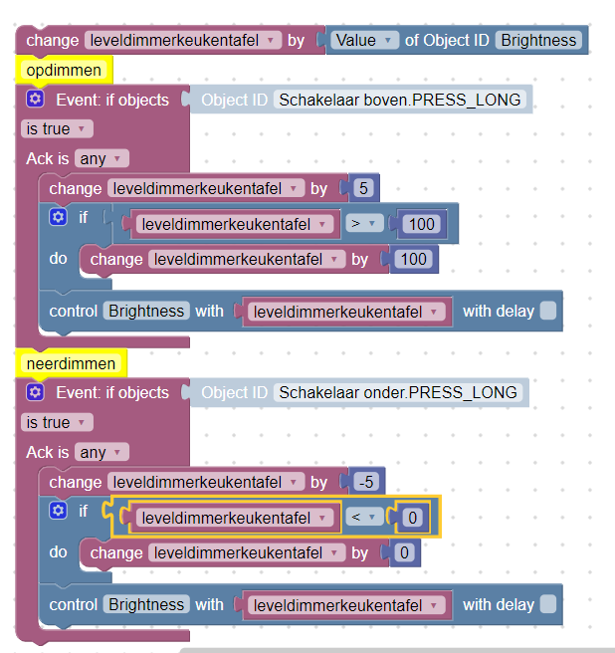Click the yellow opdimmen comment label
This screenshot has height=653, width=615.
click(x=64, y=70)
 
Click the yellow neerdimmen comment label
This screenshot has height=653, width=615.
click(x=71, y=363)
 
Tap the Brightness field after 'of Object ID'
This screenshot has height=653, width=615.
click(x=538, y=41)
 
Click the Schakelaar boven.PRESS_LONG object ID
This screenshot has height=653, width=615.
click(x=400, y=100)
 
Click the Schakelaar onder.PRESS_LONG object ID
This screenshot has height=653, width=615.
click(x=398, y=393)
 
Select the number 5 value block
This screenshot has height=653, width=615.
click(x=363, y=188)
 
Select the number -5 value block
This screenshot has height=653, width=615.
click(x=366, y=482)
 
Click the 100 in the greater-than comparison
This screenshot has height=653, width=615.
click(x=421, y=224)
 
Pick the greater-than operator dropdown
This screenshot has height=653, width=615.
click(x=363, y=224)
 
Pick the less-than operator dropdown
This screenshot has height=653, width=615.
click(x=363, y=518)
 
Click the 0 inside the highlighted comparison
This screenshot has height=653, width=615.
click(x=412, y=518)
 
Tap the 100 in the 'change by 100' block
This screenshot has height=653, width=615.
click(x=413, y=259)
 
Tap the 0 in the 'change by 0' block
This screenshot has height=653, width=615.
click(x=404, y=552)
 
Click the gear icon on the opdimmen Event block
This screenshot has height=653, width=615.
click(x=35, y=100)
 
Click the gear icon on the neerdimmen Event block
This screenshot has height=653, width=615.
click(x=35, y=392)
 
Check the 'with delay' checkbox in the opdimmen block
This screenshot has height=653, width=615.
click(x=548, y=312)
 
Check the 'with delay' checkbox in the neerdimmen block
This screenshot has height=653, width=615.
click(x=548, y=604)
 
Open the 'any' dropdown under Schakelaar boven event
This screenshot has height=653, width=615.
click(x=102, y=158)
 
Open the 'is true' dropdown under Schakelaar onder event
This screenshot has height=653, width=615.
click(x=57, y=422)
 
